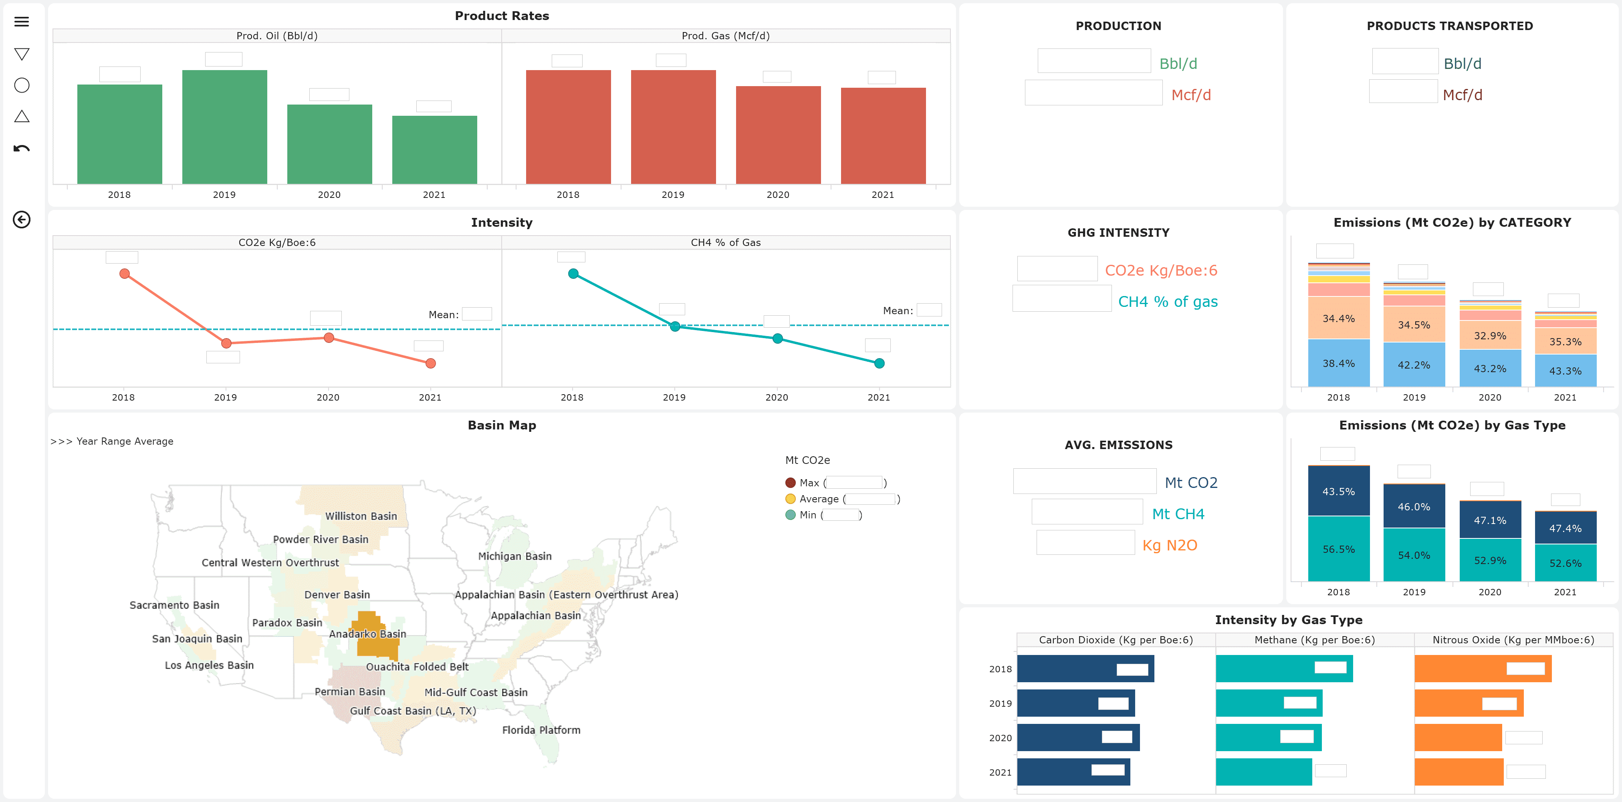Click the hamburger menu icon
click(x=21, y=22)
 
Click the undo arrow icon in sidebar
click(x=21, y=149)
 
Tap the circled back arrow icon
click(x=21, y=219)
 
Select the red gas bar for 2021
click(x=883, y=135)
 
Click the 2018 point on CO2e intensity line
click(x=125, y=274)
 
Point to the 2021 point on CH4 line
click(x=879, y=363)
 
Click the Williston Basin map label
click(x=361, y=516)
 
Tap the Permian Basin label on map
click(x=349, y=691)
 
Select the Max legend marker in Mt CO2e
click(x=790, y=483)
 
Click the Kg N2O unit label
click(x=1169, y=545)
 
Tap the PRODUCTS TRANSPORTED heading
click(x=1449, y=26)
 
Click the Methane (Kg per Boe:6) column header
click(x=1314, y=640)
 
